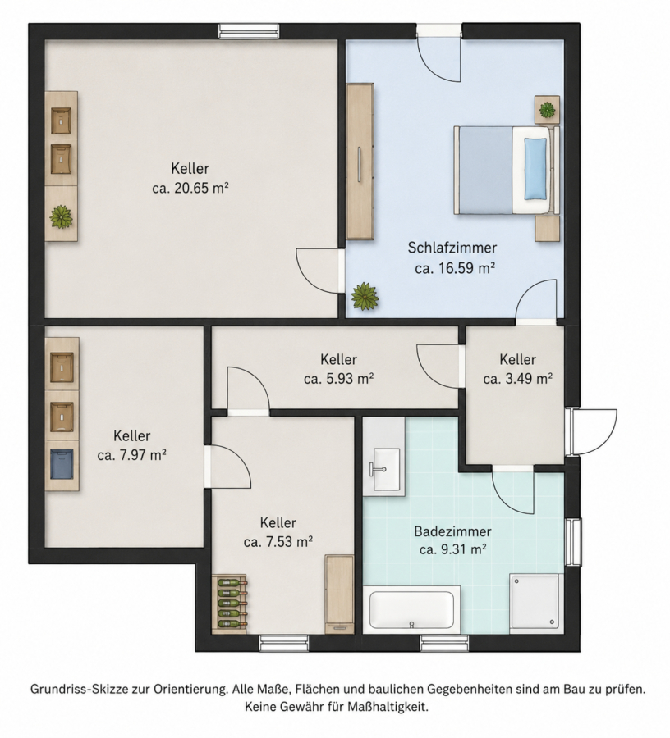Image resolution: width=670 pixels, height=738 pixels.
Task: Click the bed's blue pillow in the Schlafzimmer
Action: tap(535, 168)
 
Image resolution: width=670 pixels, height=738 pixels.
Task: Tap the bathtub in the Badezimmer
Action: tap(412, 609)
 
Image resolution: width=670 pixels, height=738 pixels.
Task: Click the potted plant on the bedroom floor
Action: tap(365, 297)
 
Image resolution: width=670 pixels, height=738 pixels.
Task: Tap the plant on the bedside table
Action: tap(547, 110)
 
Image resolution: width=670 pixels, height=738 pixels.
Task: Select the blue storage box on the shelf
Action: tap(62, 463)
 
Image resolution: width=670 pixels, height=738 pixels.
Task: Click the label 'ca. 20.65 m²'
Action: tap(190, 189)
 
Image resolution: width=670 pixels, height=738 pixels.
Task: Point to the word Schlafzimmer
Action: tap(452, 248)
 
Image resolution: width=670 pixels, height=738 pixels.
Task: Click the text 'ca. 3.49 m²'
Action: tap(518, 378)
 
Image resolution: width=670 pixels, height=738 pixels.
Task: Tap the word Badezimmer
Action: tap(452, 531)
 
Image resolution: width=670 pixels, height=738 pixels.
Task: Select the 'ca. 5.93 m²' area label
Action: tap(339, 378)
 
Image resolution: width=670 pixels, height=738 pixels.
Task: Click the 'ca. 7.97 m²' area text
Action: tap(132, 455)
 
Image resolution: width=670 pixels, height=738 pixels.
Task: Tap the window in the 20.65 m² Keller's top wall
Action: tap(249, 31)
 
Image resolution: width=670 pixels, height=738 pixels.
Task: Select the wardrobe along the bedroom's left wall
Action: tap(360, 162)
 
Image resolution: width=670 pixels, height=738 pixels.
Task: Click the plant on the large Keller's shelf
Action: tap(62, 217)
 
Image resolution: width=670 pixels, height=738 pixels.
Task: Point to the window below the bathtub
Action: tap(444, 644)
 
